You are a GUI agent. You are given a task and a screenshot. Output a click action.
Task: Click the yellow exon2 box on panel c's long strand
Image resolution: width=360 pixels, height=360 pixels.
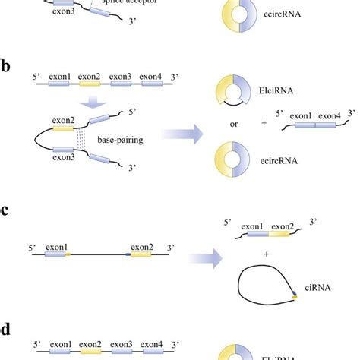[x=141, y=256]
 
